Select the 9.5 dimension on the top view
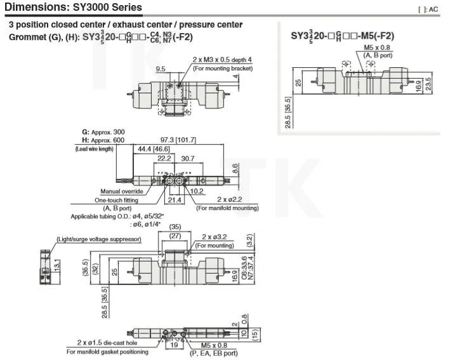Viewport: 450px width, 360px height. pos(161,69)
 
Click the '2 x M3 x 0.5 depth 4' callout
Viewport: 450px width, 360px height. pos(222,60)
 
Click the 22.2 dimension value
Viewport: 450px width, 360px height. pos(164,157)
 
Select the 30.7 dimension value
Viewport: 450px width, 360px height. pos(189,157)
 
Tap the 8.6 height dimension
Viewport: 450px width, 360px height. pos(235,168)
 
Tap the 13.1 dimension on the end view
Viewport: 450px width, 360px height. pos(56,263)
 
